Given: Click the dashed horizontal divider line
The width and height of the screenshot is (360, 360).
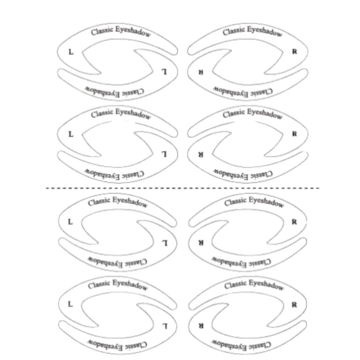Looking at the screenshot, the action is click(182, 188).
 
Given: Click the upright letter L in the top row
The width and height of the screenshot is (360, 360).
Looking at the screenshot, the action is click(71, 52).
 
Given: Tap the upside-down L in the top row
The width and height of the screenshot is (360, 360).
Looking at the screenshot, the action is click(164, 72).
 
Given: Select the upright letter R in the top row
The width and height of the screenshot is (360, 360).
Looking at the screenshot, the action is click(294, 52).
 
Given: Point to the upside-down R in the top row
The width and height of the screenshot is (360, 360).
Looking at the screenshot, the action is click(201, 72).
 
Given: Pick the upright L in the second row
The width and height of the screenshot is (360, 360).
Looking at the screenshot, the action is click(71, 134).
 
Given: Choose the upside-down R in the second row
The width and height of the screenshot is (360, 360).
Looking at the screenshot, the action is click(201, 154).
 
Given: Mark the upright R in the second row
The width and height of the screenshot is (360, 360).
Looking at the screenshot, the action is click(294, 134).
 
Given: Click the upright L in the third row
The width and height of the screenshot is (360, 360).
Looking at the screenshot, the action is click(70, 222).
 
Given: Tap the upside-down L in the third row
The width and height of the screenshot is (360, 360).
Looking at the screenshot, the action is click(165, 243).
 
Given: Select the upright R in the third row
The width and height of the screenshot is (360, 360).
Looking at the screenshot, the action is click(294, 222).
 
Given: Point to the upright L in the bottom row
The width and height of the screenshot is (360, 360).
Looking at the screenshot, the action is click(70, 304).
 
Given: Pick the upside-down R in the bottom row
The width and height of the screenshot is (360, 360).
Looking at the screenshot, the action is click(201, 326).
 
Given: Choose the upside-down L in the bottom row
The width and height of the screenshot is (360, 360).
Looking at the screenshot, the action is click(165, 326).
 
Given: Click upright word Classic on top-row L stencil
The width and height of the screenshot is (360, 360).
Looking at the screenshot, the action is click(102, 31).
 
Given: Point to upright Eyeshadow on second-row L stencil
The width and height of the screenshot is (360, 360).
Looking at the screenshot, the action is click(133, 113).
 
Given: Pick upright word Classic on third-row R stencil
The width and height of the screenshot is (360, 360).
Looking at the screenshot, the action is click(236, 202).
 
